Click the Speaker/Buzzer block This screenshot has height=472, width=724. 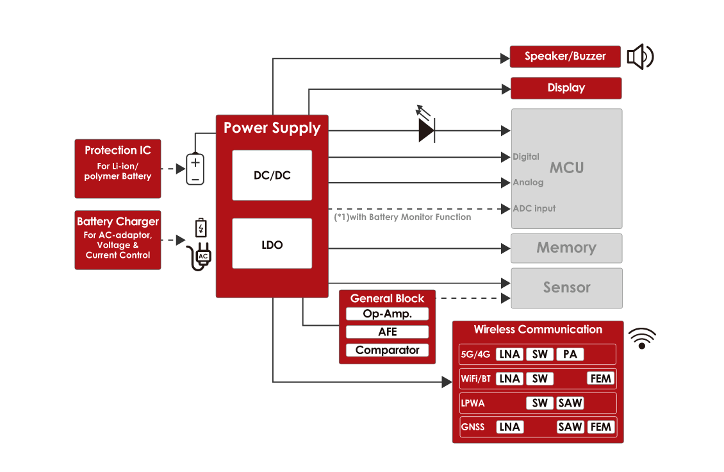(565, 56)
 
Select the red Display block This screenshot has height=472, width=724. (566, 88)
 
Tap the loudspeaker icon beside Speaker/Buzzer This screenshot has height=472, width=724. (639, 56)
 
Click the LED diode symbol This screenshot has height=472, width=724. (426, 130)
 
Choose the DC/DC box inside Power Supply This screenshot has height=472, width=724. (272, 175)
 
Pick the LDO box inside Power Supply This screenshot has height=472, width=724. (272, 244)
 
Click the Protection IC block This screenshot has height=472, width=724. (118, 168)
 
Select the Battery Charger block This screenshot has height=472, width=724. (118, 240)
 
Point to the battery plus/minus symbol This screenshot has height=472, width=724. (195, 169)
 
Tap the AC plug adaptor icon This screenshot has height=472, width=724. (201, 256)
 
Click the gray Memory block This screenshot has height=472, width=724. (566, 248)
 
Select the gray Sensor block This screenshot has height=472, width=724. (566, 288)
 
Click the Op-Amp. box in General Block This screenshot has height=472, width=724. (387, 314)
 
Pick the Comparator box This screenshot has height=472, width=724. (387, 350)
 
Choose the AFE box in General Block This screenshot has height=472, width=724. (387, 332)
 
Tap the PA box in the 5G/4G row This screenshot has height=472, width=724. (570, 354)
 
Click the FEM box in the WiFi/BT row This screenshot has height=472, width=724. (600, 378)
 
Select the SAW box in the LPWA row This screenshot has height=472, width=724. (570, 403)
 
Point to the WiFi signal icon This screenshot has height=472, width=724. (642, 338)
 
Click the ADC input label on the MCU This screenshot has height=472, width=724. (534, 208)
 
